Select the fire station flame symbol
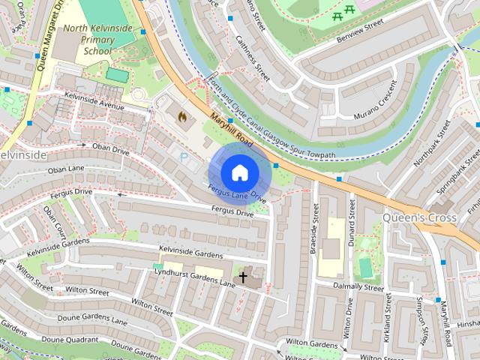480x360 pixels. coord(181,117)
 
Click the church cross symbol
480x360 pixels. coord(242,278)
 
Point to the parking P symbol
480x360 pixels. coord(184,158)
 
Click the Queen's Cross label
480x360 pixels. coord(419,217)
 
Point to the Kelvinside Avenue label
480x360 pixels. coord(94,100)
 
